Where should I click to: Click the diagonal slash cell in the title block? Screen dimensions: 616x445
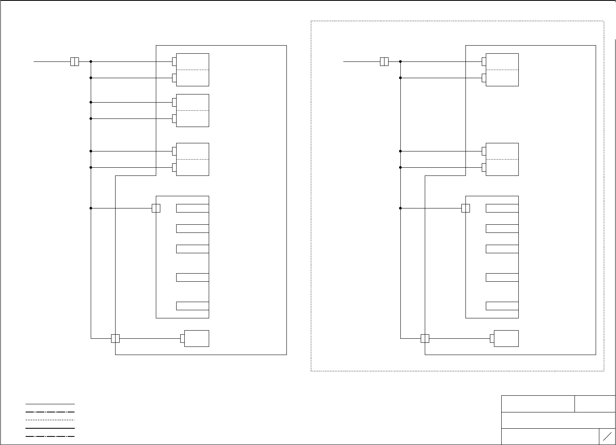(x=607, y=436)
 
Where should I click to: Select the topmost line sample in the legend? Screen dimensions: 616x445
(x=50, y=404)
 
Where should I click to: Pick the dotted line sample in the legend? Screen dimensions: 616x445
(x=50, y=420)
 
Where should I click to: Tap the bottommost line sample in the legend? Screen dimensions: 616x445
(x=50, y=436)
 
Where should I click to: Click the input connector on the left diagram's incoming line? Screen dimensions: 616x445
(x=74, y=61)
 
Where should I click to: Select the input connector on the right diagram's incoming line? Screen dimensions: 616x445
(x=384, y=61)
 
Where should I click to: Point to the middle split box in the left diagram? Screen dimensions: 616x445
(x=192, y=110)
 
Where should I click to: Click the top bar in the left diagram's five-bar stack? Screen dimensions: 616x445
(x=192, y=208)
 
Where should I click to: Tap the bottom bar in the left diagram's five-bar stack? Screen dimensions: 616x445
(x=192, y=306)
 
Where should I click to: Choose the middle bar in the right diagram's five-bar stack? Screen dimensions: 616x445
(x=502, y=249)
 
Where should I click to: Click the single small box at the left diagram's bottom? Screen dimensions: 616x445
(x=197, y=338)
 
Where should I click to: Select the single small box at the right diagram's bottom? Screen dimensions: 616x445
(x=506, y=338)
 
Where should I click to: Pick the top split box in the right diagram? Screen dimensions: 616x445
(x=502, y=70)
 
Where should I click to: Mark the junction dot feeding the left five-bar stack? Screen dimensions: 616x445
(x=91, y=208)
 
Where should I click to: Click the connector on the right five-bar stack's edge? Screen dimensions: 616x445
(x=465, y=208)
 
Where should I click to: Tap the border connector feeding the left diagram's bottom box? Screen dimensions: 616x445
(x=115, y=338)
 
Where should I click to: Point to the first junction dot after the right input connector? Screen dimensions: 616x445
(x=400, y=61)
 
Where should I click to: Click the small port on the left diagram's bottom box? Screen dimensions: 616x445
(x=182, y=338)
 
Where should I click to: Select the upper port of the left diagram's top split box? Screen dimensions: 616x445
(x=174, y=61)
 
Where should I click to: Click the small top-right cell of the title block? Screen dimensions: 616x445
(x=595, y=404)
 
